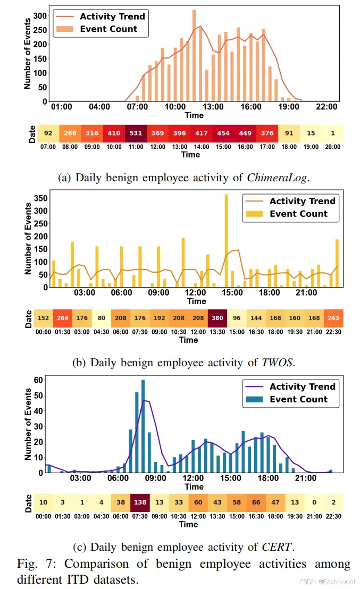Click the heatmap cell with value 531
tap(136, 133)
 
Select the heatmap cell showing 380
tap(217, 318)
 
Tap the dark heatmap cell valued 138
tap(140, 502)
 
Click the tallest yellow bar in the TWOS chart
tap(226, 241)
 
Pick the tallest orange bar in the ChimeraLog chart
tap(194, 56)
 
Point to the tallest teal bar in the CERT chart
tap(143, 426)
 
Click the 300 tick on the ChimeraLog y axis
tap(40, 16)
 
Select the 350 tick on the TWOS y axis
tap(40, 198)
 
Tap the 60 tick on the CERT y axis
tap(38, 380)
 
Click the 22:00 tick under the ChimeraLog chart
tap(326, 107)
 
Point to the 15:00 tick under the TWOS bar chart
tap(232, 292)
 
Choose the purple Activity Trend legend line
tap(254, 386)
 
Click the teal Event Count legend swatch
tap(254, 399)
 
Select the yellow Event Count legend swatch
tap(254, 214)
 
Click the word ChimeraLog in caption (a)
tap(277, 178)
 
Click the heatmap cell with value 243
tap(333, 318)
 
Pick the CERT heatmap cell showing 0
tap(314, 502)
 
